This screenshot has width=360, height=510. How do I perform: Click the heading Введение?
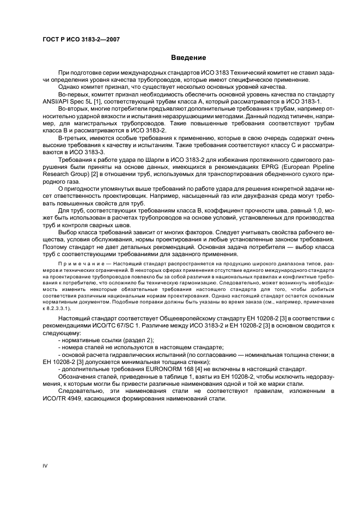click(x=188, y=57)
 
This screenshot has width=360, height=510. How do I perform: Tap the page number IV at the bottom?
click(x=46, y=464)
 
